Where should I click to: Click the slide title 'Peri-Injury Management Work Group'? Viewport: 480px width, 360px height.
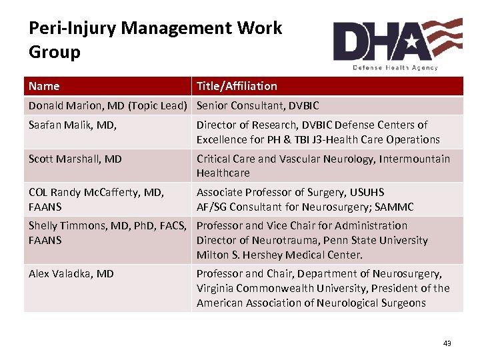tap(155, 40)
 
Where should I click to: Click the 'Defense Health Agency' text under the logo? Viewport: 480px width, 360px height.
tap(395, 67)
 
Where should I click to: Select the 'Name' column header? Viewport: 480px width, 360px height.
tap(44, 86)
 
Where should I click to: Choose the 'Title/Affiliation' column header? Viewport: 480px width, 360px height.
tap(237, 86)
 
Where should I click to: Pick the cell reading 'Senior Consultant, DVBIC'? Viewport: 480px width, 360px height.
tap(257, 105)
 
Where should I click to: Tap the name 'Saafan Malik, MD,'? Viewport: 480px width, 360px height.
tap(71, 125)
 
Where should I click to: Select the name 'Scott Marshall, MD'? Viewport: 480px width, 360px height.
tap(75, 159)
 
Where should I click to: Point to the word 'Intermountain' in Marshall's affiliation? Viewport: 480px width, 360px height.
tap(415, 159)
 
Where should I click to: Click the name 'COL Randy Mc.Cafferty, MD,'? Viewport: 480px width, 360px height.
tap(96, 192)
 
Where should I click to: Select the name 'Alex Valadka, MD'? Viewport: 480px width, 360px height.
tap(71, 273)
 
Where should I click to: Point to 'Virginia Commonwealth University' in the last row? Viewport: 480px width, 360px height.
tap(281, 288)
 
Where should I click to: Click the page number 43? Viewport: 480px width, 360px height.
tap(447, 343)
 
